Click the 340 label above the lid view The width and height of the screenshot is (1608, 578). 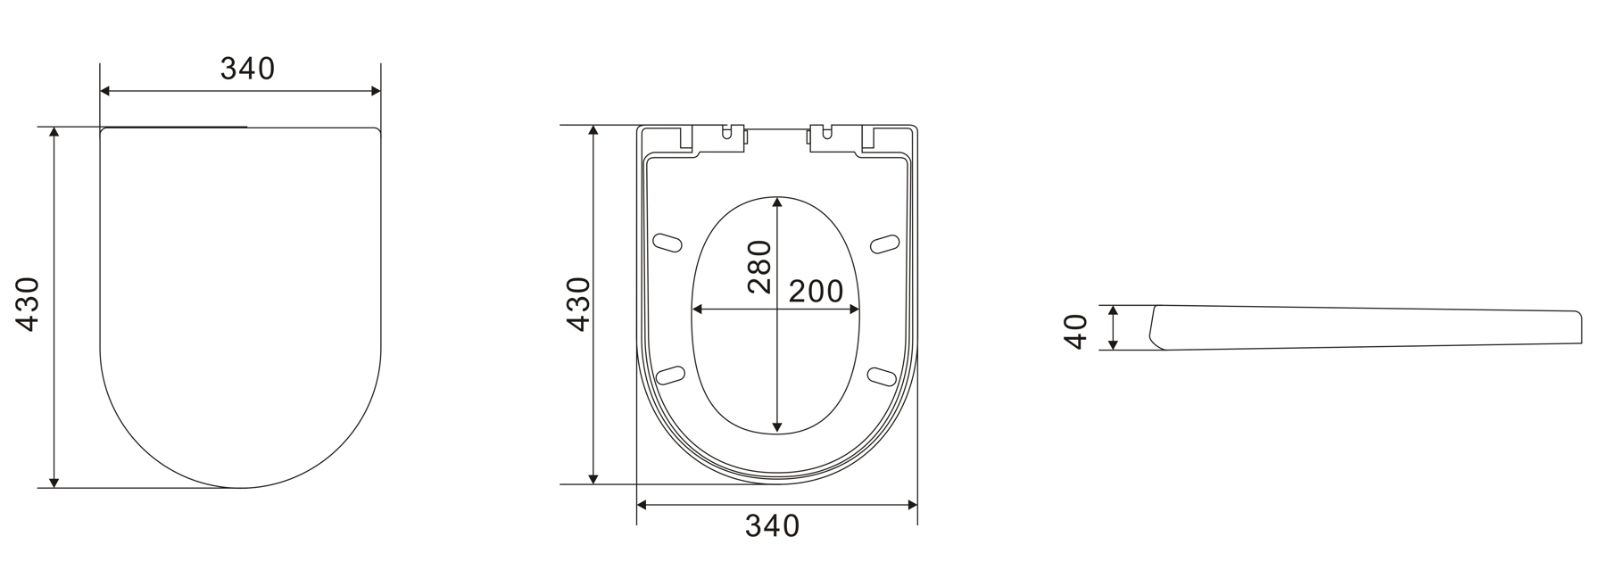tap(247, 69)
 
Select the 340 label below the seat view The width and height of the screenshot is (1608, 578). tap(772, 526)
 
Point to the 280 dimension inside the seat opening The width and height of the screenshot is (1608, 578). tap(758, 266)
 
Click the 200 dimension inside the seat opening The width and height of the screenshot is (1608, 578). tap(816, 291)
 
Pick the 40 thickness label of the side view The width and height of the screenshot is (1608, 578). tap(1077, 331)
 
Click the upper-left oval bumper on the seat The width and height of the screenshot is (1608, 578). tap(668, 243)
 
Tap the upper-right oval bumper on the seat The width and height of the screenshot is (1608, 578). tap(884, 243)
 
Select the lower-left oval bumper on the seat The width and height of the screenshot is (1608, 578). tap(669, 376)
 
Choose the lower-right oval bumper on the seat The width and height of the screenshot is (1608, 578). tap(882, 376)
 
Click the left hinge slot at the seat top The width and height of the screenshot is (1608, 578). tap(730, 134)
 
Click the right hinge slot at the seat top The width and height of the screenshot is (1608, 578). tap(825, 134)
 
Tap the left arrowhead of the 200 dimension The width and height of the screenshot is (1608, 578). tap(697, 310)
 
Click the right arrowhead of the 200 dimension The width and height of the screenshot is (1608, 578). tap(857, 310)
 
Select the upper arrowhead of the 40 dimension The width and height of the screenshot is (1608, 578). tap(1113, 310)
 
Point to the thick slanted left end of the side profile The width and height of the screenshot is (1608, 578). tap(1155, 326)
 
